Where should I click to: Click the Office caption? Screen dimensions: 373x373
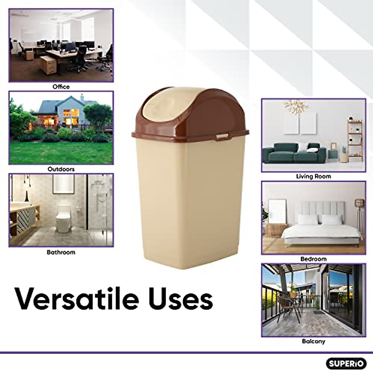click(61, 87)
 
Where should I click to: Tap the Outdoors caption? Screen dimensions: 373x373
click(61, 169)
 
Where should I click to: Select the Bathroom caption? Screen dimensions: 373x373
click(61, 252)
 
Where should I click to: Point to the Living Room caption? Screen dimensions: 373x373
click(313, 176)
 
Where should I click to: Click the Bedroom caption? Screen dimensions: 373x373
click(313, 259)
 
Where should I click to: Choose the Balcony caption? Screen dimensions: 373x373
click(313, 341)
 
